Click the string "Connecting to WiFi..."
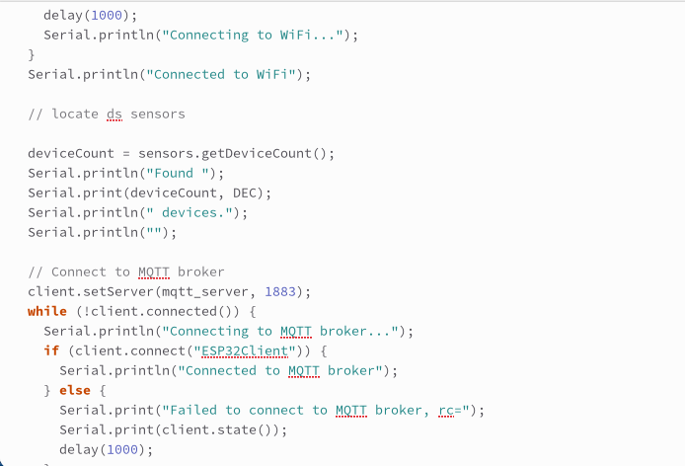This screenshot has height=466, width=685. click(x=258, y=35)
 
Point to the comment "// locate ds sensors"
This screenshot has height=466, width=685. click(x=107, y=114)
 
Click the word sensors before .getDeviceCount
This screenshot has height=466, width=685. click(x=165, y=153)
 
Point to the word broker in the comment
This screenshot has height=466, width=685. click(x=201, y=272)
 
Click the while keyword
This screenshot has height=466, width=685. click(x=47, y=311)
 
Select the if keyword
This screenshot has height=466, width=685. click(x=51, y=350)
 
